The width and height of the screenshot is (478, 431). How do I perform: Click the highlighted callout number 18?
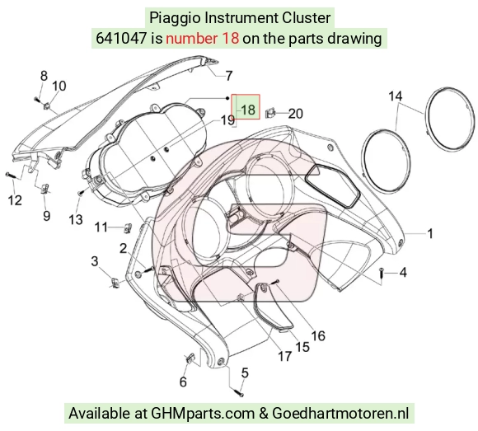click(248, 110)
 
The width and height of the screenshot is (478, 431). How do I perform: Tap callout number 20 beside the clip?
click(295, 114)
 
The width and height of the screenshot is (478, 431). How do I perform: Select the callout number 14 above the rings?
click(396, 96)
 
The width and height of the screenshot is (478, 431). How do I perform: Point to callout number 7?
click(229, 76)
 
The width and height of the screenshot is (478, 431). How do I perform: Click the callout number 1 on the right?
click(430, 234)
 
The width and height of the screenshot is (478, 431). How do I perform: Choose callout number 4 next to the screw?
click(403, 272)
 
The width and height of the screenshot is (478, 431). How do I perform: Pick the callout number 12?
click(15, 200)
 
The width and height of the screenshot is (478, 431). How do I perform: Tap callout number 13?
click(76, 219)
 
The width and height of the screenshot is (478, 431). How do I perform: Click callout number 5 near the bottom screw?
click(245, 372)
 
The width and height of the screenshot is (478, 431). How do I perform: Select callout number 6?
click(183, 382)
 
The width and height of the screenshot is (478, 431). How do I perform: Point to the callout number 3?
click(95, 261)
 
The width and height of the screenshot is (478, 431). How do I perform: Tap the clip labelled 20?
click(269, 113)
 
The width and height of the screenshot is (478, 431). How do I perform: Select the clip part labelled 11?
click(129, 227)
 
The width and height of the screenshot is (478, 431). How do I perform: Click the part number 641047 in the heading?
click(121, 39)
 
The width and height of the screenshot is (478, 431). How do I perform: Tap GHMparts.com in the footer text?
click(203, 414)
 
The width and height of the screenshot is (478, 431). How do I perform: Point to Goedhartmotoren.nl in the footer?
click(340, 414)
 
